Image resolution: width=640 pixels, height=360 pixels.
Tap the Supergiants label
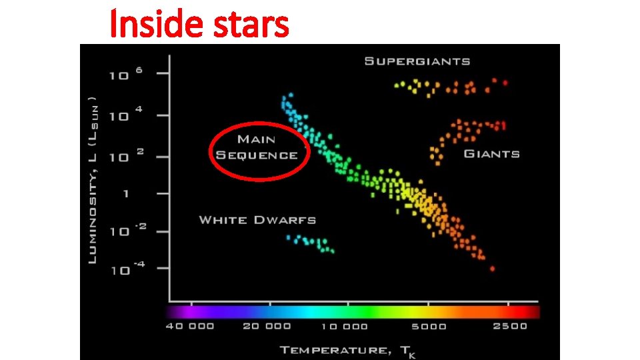pyautogui.click(x=417, y=61)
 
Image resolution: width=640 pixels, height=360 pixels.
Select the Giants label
pyautogui.click(x=491, y=154)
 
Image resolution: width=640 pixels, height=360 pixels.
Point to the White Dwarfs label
pyautogui.click(x=257, y=220)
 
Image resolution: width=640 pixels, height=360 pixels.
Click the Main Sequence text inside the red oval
pyautogui.click(x=257, y=147)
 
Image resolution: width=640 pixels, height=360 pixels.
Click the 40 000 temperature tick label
pyautogui.click(x=191, y=326)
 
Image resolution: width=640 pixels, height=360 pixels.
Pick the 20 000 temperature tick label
pyautogui.click(x=267, y=326)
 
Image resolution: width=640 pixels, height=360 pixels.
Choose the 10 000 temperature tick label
pyautogui.click(x=344, y=326)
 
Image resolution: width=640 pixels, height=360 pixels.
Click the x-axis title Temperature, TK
pyautogui.click(x=347, y=351)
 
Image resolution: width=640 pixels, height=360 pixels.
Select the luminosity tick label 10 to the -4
pyautogui.click(x=123, y=270)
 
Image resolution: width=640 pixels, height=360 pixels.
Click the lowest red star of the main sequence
pyautogui.click(x=492, y=269)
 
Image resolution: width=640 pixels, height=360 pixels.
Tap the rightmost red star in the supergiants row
pyautogui.click(x=505, y=83)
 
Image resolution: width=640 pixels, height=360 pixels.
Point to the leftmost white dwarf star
pyautogui.click(x=289, y=237)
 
